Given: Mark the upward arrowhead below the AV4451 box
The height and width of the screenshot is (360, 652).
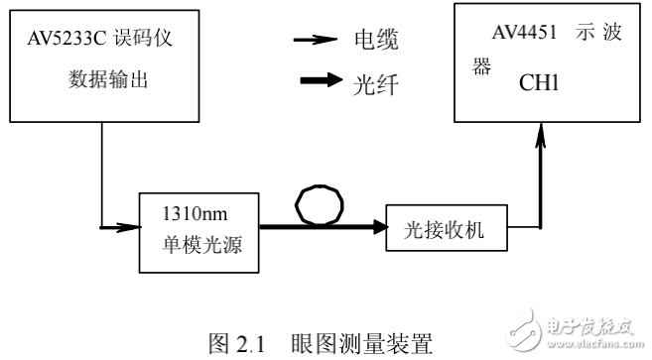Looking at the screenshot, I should pyautogui.click(x=540, y=140).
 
